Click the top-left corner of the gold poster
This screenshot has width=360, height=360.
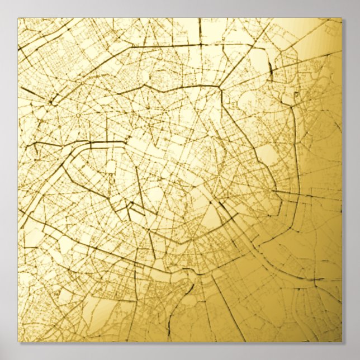pos(18,18)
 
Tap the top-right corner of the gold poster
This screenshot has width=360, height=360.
pos(342,18)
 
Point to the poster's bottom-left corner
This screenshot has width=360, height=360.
pos(18,342)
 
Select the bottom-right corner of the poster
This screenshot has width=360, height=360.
pos(342,342)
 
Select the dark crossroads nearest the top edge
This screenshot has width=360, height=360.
pos(200,44)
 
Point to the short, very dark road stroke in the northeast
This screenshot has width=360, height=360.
pos(271,69)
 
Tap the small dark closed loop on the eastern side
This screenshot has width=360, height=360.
pos(287,99)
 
